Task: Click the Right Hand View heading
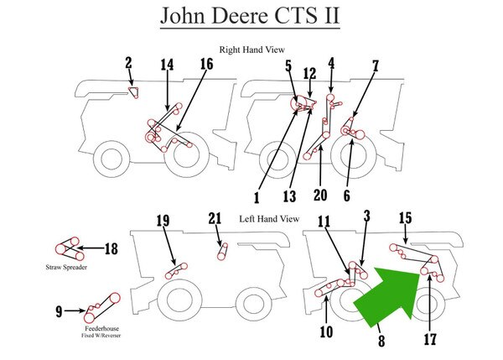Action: (252, 50)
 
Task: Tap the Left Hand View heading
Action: (269, 219)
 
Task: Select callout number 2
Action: (128, 62)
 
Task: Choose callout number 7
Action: (376, 65)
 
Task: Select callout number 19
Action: (163, 221)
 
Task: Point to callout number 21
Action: (215, 220)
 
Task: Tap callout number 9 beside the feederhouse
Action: (59, 311)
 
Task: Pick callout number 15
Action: (404, 219)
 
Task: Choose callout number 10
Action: (326, 332)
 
